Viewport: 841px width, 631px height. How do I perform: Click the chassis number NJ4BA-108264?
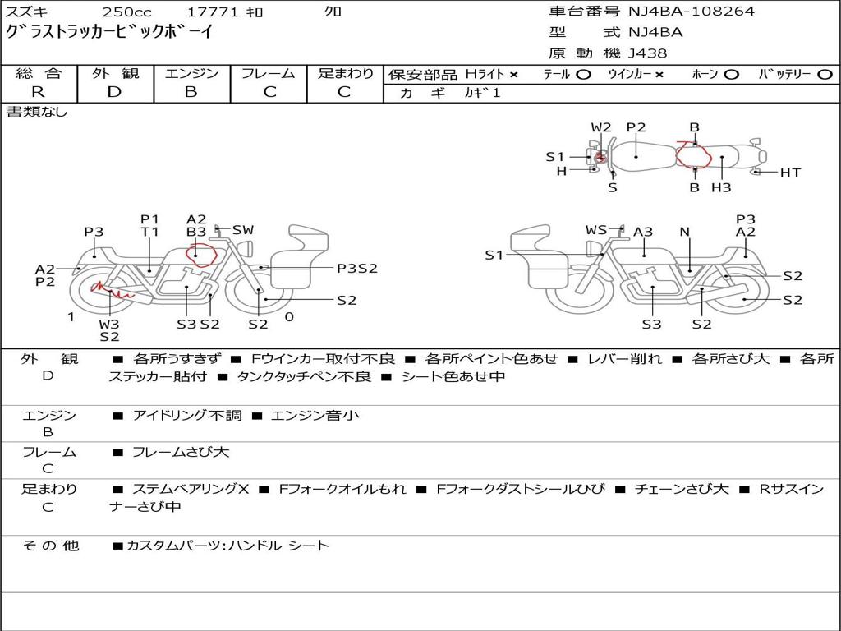pyautogui.click(x=691, y=12)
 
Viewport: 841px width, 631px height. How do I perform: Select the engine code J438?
pyautogui.click(x=647, y=53)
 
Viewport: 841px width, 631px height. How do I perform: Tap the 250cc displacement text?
pyautogui.click(x=127, y=12)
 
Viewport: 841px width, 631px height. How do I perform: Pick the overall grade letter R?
pyautogui.click(x=38, y=92)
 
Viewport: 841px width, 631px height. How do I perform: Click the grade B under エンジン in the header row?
pyautogui.click(x=191, y=92)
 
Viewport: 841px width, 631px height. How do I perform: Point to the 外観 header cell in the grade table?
pyautogui.click(x=115, y=73)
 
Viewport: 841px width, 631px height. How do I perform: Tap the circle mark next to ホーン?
pyautogui.click(x=731, y=75)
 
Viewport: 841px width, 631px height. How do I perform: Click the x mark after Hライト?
pyautogui.click(x=514, y=75)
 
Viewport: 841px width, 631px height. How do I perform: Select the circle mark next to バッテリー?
pyautogui.click(x=825, y=75)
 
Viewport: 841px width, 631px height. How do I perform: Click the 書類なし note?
pyautogui.click(x=36, y=112)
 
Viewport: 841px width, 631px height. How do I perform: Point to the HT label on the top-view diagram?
pyautogui.click(x=790, y=173)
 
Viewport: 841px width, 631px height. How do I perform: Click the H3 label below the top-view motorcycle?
pyautogui.click(x=721, y=187)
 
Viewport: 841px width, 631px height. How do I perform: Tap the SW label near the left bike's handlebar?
pyautogui.click(x=243, y=230)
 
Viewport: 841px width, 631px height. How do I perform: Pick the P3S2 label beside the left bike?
pyautogui.click(x=357, y=269)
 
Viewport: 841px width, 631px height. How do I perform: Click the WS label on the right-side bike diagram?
pyautogui.click(x=596, y=230)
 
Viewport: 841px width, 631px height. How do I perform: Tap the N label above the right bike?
pyautogui.click(x=684, y=232)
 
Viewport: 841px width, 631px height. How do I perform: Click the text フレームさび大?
pyautogui.click(x=181, y=453)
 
